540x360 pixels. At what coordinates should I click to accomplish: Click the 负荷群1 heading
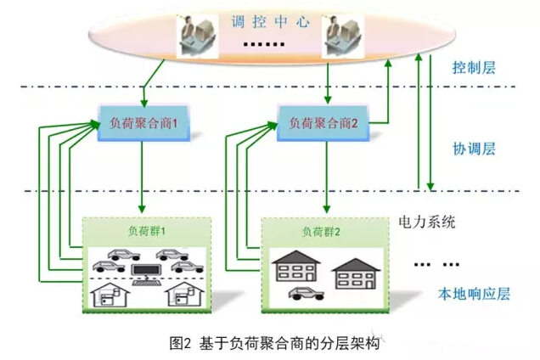(143, 230)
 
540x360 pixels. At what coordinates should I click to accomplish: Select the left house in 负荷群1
(111, 294)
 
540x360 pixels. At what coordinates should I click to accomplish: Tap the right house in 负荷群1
(183, 294)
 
